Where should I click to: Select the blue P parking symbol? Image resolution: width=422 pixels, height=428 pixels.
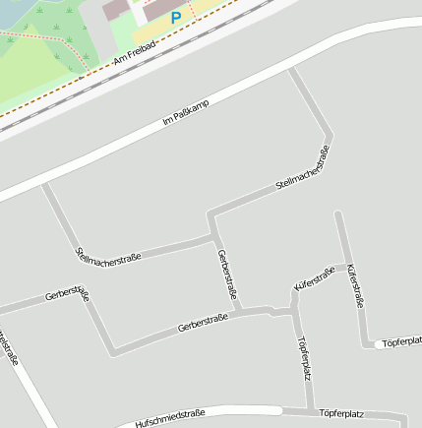point(176,17)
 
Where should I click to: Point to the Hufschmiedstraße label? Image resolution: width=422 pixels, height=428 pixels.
point(170,417)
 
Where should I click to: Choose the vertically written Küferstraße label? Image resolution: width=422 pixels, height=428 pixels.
point(356,285)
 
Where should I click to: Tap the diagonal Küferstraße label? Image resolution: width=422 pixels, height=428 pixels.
point(315,277)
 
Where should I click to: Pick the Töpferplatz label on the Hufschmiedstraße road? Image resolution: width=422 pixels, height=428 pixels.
point(342,415)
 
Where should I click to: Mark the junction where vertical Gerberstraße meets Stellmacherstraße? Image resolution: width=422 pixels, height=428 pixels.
point(213,237)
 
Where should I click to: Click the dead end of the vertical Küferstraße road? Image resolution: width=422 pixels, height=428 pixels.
point(338,213)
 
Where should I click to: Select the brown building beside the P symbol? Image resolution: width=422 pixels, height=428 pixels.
point(117,8)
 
